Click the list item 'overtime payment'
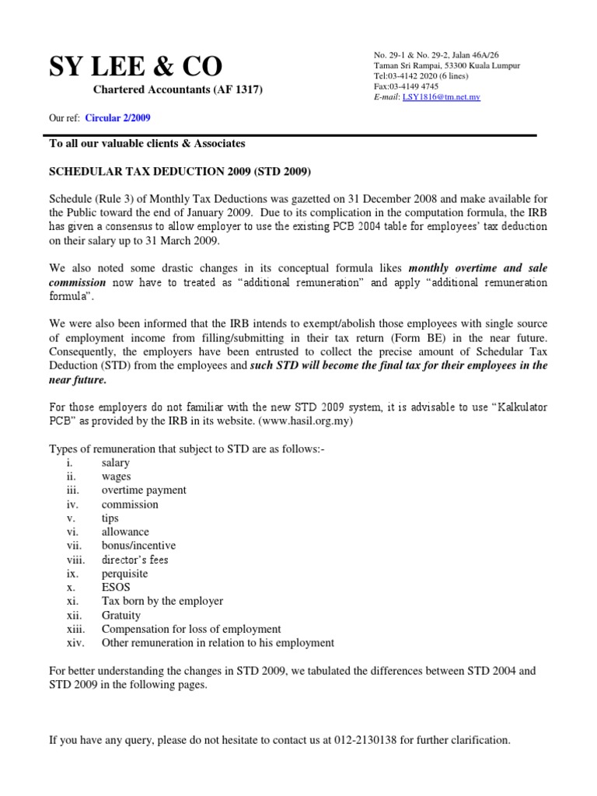point(144,491)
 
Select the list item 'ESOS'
point(116,587)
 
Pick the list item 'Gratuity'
point(121,615)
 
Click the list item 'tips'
point(110,518)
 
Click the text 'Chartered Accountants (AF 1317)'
point(178,90)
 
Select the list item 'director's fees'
point(134,560)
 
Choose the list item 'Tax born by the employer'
point(162,601)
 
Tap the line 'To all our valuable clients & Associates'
point(147,144)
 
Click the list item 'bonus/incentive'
point(138,546)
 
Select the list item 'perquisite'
point(124,574)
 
